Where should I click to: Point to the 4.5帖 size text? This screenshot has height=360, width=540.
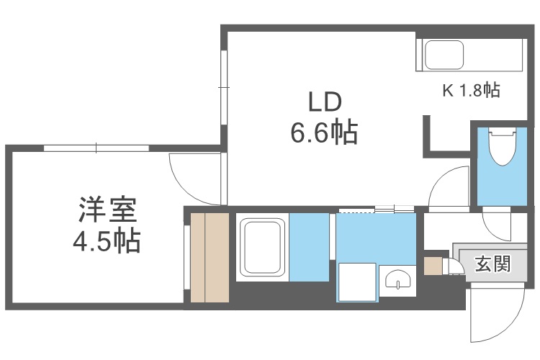107,240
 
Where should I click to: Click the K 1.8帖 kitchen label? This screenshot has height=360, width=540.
471,91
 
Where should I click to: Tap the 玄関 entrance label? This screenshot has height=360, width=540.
492,264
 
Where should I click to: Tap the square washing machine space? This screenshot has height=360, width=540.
358,281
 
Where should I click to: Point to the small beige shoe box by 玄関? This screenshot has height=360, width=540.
433,265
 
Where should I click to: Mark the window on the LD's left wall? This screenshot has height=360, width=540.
224,86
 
